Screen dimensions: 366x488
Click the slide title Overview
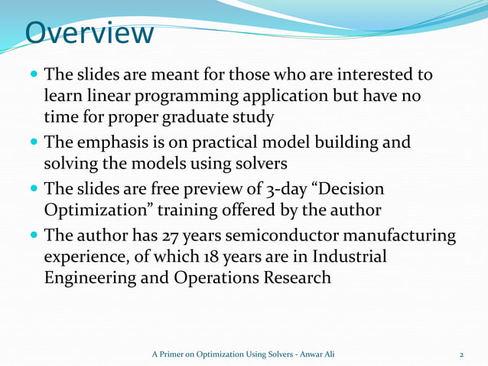pyautogui.click(x=89, y=34)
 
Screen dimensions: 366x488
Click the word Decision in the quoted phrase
pyautogui.click(x=348, y=189)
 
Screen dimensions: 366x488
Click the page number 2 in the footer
pyautogui.click(x=461, y=355)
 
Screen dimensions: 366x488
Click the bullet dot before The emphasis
pyautogui.click(x=33, y=144)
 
